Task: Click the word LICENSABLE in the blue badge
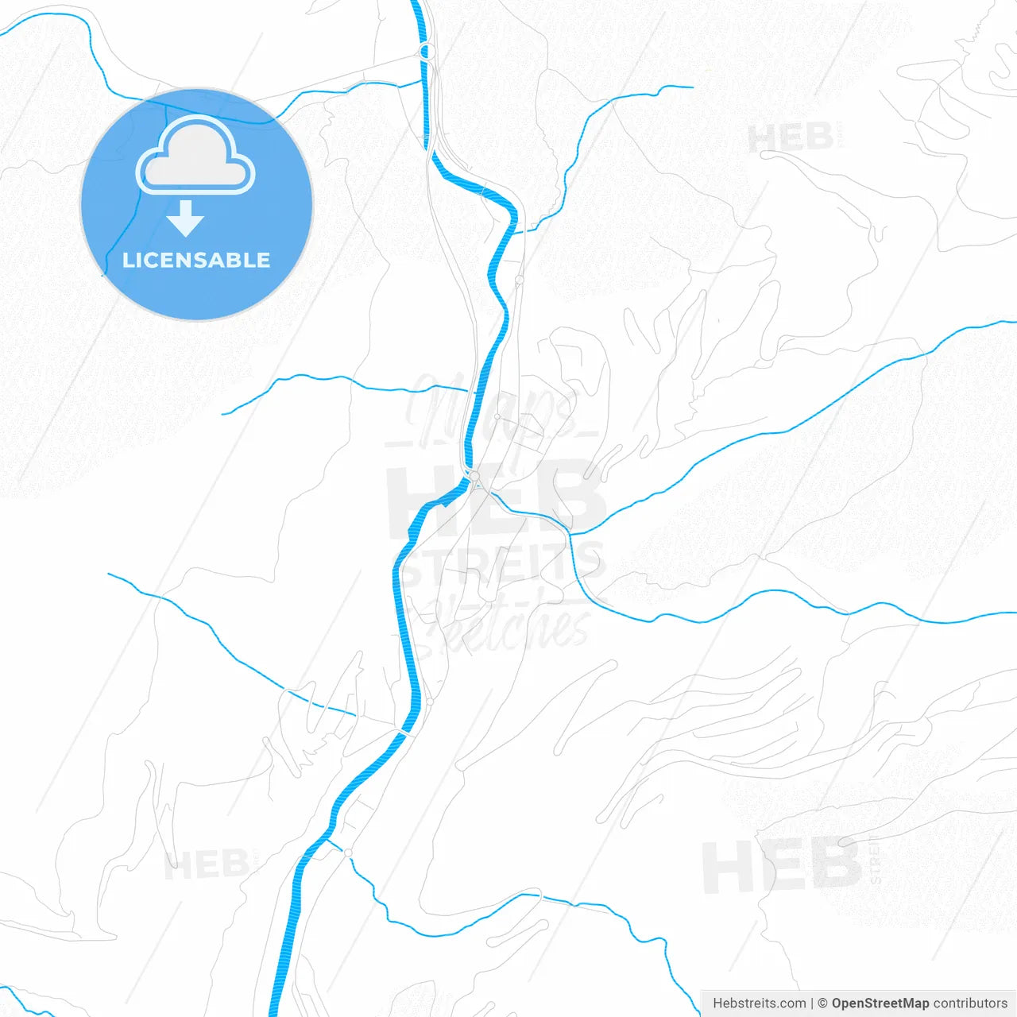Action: (196, 261)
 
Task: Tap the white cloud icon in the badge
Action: (195, 156)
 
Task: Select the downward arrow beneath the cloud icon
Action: (186, 218)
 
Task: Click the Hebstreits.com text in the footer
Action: (759, 1003)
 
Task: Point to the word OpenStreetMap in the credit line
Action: (880, 1003)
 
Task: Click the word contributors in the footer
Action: (969, 1003)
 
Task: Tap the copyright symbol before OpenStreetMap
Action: (822, 1003)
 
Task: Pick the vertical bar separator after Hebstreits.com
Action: (812, 1003)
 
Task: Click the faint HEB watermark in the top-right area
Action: (791, 138)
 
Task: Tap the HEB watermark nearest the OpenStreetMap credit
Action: (781, 866)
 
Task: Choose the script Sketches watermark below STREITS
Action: (508, 624)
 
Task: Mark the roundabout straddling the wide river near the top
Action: (427, 53)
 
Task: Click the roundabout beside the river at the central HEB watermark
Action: (475, 477)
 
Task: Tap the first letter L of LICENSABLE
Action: (128, 261)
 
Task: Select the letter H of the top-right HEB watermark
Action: (762, 138)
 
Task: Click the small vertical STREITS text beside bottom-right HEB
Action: (876, 860)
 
